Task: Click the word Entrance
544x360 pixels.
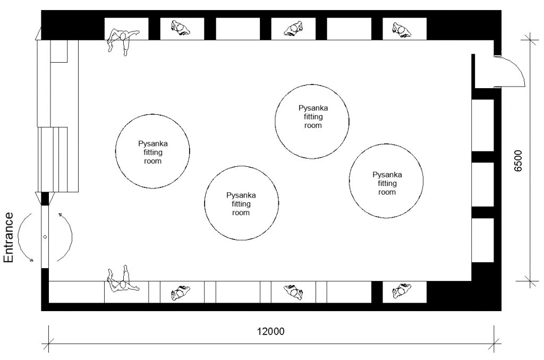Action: point(8,237)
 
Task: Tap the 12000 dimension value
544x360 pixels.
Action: point(270,331)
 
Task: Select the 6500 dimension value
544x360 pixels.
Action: point(517,160)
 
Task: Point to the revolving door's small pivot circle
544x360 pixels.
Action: point(45,237)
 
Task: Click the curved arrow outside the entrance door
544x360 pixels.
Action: point(19,237)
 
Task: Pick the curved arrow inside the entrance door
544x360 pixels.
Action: point(71,237)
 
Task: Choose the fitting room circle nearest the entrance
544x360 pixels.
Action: point(152,115)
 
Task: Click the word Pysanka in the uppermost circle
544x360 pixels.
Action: point(313,108)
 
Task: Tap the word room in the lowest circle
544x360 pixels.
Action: point(241,212)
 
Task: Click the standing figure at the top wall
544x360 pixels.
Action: point(122,40)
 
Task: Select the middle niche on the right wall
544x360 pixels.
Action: point(482,184)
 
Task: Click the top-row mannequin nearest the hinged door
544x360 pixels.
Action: point(402,30)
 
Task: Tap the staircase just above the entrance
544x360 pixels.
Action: point(57,159)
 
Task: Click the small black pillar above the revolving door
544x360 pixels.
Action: point(45,199)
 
